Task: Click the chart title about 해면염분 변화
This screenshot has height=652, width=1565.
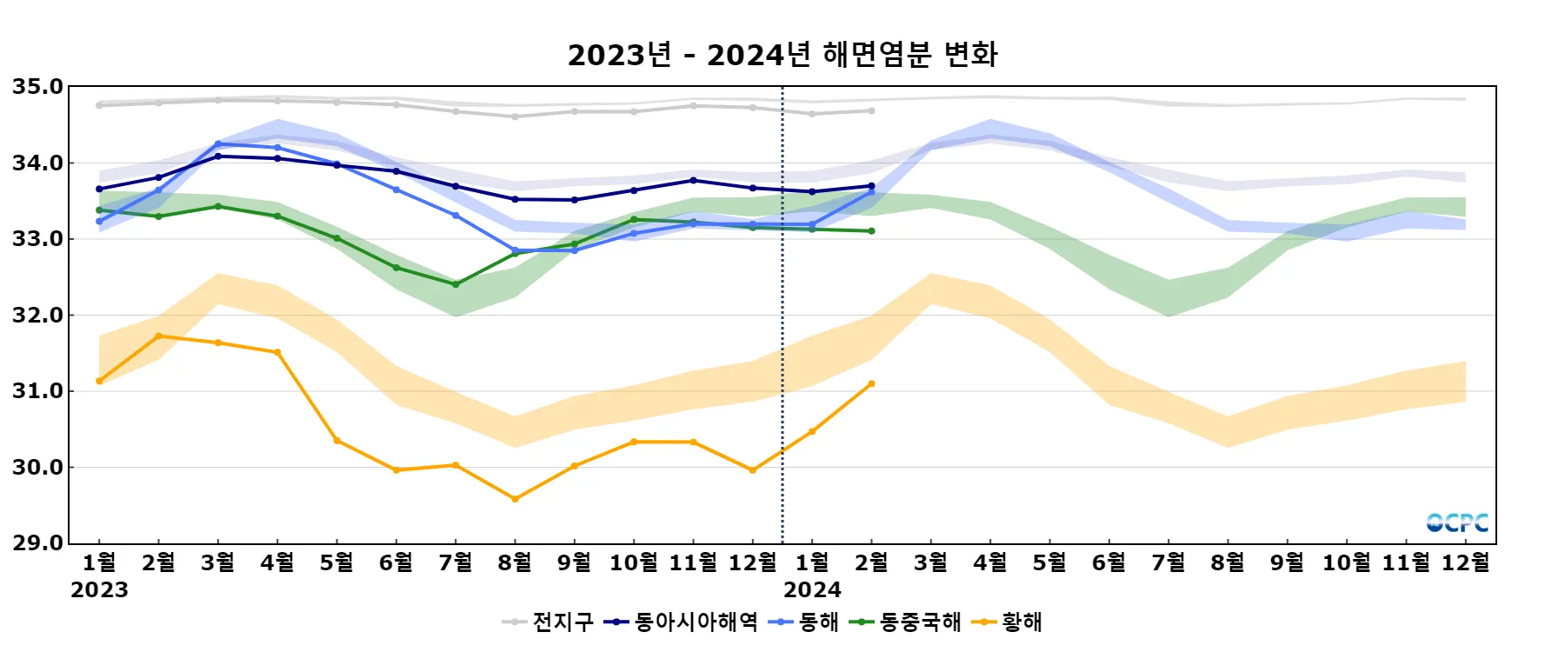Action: [782, 55]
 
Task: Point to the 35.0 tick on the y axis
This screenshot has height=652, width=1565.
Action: [37, 87]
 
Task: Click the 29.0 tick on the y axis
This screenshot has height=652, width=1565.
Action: [37, 543]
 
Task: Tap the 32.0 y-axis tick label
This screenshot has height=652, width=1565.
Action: [37, 316]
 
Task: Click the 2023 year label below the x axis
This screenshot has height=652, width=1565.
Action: [99, 590]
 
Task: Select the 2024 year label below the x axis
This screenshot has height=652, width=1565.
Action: [812, 590]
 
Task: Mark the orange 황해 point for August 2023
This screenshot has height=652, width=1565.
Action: [515, 499]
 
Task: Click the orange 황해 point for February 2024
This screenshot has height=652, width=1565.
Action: [871, 383]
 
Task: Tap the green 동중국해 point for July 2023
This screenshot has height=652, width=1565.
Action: [456, 284]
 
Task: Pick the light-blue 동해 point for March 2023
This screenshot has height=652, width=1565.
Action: [218, 144]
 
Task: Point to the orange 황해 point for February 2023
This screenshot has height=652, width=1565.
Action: [158, 336]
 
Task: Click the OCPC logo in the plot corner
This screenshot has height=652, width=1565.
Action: [1457, 522]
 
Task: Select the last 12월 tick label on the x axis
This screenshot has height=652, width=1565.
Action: [1465, 563]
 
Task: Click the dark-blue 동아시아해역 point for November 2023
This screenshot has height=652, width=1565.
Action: [693, 180]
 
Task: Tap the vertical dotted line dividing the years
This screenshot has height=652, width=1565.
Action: [782, 348]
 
